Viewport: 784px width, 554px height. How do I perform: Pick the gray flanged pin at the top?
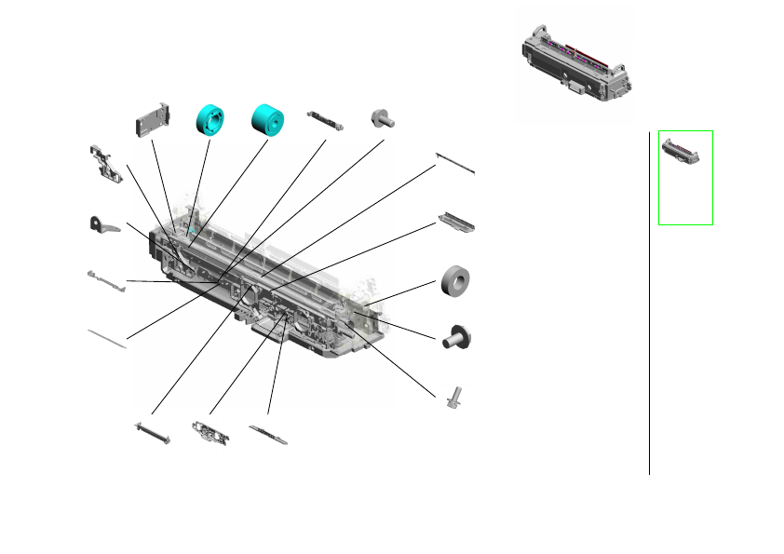click(383, 117)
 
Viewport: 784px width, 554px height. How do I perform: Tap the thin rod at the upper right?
click(456, 163)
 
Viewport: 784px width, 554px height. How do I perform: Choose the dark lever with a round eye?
click(103, 225)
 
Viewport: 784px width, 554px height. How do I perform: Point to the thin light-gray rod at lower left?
click(107, 337)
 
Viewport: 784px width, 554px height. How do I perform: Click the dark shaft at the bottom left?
click(152, 433)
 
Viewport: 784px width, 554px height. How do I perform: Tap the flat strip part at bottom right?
click(268, 433)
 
